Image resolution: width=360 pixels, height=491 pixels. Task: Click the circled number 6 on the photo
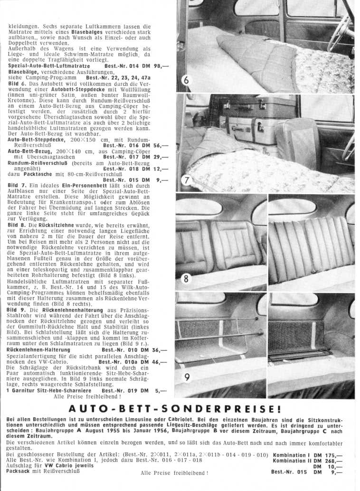[186, 81]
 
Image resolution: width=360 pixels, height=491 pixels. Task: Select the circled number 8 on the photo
[185, 279]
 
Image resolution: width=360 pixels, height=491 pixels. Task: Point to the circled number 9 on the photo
[187, 378]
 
